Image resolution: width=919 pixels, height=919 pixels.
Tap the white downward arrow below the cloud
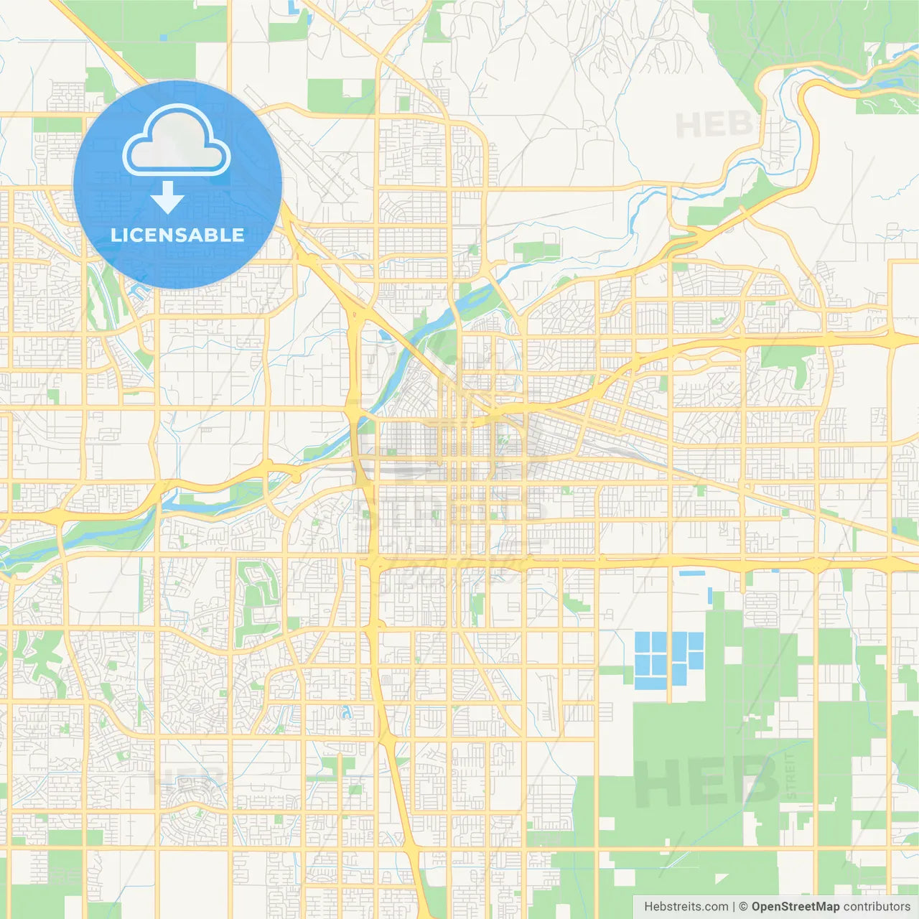pyautogui.click(x=167, y=197)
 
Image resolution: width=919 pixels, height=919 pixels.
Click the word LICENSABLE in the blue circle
pyautogui.click(x=177, y=235)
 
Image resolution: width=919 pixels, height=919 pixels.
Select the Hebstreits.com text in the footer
pyautogui.click(x=686, y=907)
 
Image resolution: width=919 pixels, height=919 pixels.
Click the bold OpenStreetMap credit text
pyautogui.click(x=795, y=907)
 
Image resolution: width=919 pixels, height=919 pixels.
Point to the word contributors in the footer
pyautogui.click(x=877, y=907)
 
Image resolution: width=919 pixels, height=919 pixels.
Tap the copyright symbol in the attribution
pyautogui.click(x=743, y=907)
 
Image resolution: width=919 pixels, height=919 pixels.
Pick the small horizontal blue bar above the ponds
pyautogui.click(x=691, y=573)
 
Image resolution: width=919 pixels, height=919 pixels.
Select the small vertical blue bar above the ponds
pyautogui.click(x=710, y=595)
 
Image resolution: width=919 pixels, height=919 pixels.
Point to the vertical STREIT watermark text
pyautogui.click(x=791, y=775)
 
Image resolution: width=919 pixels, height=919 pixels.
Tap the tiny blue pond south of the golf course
pyautogui.click(x=347, y=713)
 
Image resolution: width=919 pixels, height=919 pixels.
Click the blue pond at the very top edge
pyautogui.click(x=293, y=7)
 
